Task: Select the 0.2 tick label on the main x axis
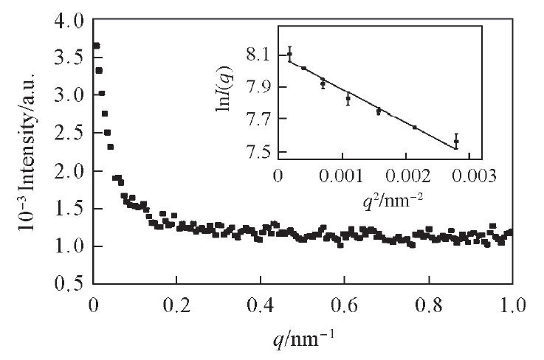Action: coord(176,303)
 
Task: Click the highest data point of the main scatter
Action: coord(96,46)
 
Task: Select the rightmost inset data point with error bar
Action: coord(456,141)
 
